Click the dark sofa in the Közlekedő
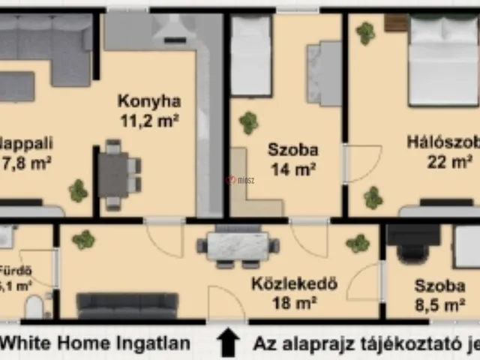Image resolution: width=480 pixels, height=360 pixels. pyautogui.click(x=127, y=304)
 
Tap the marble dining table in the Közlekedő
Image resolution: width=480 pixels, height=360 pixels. pyautogui.click(x=237, y=246)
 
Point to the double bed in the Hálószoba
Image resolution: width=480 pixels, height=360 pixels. pyautogui.click(x=442, y=60)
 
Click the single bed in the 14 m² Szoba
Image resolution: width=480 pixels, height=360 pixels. pyautogui.click(x=250, y=56)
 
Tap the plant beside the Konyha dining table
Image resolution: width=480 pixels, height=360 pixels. pyautogui.click(x=78, y=190)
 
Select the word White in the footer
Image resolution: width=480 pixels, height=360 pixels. pyautogui.click(x=22, y=344)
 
